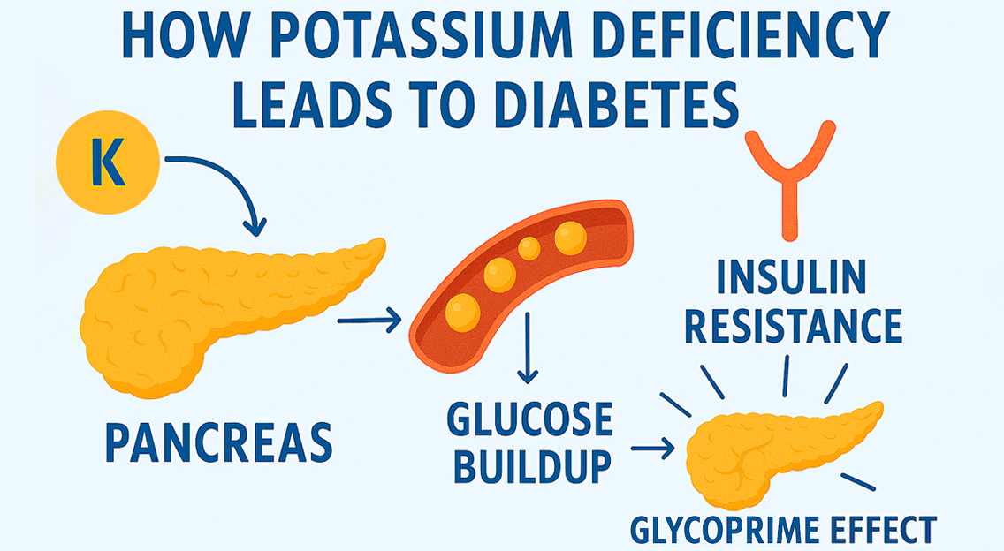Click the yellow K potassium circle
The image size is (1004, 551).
point(107,167)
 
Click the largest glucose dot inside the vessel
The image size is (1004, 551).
point(462,312)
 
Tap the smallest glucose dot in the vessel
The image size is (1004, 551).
point(529,249)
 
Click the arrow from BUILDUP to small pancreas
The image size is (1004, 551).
point(653,449)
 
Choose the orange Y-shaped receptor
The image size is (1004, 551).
point(789,177)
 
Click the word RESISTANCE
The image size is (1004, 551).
point(794,325)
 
